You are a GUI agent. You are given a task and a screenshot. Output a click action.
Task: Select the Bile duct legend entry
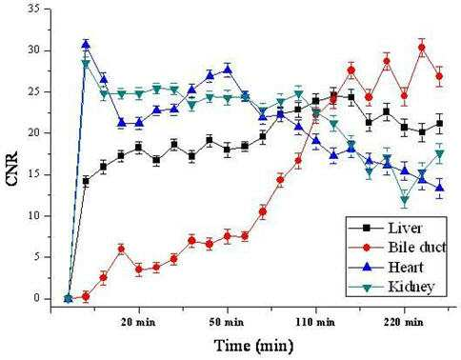(397, 247)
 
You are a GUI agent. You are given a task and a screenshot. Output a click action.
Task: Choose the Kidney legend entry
(391, 287)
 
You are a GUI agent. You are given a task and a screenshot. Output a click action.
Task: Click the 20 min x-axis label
(138, 322)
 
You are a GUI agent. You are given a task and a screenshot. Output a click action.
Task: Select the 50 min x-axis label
(227, 322)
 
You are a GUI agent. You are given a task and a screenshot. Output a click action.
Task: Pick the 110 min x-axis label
(315, 322)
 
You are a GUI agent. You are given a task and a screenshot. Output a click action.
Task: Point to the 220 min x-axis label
(404, 322)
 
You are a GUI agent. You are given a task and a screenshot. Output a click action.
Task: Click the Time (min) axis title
(253, 346)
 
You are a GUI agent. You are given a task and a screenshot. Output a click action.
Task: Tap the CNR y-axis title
(12, 169)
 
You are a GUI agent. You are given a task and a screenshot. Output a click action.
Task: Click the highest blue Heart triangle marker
(86, 45)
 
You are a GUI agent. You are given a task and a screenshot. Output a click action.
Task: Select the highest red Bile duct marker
(422, 48)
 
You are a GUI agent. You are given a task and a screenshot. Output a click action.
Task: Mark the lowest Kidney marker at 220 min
(404, 200)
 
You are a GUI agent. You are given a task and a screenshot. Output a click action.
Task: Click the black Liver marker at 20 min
(138, 148)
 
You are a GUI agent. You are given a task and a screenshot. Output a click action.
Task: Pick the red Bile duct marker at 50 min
(227, 236)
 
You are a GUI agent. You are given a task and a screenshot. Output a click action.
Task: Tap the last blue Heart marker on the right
(439, 188)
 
